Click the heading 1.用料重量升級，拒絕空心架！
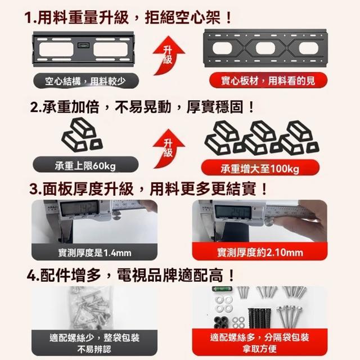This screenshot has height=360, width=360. click(x=128, y=17)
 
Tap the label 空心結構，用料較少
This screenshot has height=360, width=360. click(x=86, y=81)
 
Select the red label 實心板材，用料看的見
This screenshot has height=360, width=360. click(x=268, y=80)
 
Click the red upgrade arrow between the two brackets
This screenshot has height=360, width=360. click(x=168, y=56)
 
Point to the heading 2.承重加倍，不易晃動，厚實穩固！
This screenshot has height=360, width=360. click(x=142, y=107)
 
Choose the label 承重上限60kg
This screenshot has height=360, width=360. click(x=85, y=165)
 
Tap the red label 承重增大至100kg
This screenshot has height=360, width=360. click(x=260, y=169)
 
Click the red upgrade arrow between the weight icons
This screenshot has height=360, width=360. click(x=168, y=148)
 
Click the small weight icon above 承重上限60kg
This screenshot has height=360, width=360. click(x=82, y=134)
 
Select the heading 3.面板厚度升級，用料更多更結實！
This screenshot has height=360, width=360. click(x=148, y=189)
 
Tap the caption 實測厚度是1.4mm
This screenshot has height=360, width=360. click(x=94, y=253)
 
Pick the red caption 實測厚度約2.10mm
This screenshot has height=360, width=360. click(x=260, y=253)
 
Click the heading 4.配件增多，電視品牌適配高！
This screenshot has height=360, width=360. click(x=130, y=275)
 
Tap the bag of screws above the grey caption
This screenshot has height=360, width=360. click(x=92, y=308)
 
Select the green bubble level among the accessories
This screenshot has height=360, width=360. click(x=222, y=289)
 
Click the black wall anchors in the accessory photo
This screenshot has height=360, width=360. click(x=260, y=318)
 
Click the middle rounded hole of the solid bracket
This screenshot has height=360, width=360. click(x=265, y=48)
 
